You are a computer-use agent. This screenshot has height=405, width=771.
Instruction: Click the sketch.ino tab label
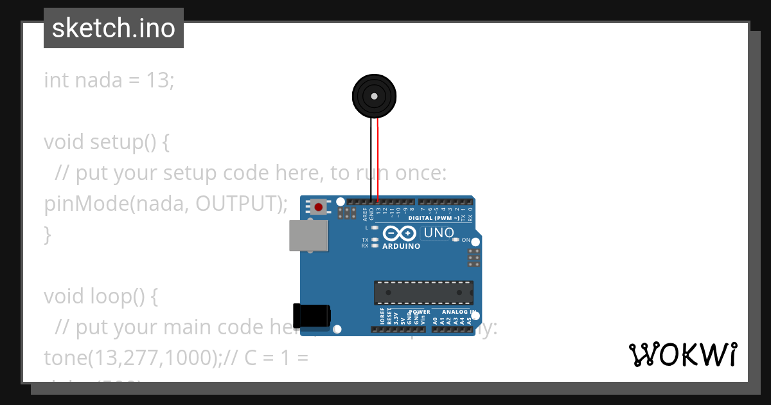(113, 28)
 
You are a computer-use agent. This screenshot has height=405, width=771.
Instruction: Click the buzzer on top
(374, 96)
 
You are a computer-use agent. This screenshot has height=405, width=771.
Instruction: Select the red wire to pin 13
(378, 161)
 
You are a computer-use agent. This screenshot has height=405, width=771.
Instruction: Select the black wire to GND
(371, 161)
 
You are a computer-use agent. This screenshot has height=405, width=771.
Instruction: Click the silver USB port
(308, 235)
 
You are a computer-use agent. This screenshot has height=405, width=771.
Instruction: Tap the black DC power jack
(312, 315)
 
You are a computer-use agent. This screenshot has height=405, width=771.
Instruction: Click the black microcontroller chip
(424, 292)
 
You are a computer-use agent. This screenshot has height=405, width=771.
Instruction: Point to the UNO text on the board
(439, 233)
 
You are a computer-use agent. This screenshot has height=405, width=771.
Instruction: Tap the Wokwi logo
(682, 355)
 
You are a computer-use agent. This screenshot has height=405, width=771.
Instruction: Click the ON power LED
(456, 240)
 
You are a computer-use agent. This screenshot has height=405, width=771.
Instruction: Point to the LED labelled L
(375, 228)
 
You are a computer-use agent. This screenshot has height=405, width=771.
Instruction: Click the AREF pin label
(365, 213)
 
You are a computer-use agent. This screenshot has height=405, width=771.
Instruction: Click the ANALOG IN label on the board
(459, 312)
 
